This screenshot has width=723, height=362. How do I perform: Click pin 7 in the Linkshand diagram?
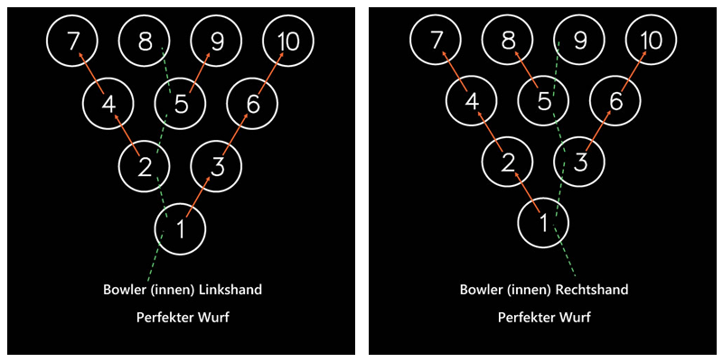point(72,41)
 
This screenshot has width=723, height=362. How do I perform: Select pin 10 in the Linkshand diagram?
point(288,41)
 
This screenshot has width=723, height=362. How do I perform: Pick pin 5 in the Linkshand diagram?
point(181,104)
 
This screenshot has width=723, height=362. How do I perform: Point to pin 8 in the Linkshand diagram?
point(145,41)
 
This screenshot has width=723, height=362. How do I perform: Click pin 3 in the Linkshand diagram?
point(217,165)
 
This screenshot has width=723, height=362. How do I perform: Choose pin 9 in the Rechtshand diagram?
point(580,41)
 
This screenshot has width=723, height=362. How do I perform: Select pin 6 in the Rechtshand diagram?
point(615,102)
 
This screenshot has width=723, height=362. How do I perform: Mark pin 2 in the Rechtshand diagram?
point(507,162)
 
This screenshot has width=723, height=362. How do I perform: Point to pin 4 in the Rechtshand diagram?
point(471,102)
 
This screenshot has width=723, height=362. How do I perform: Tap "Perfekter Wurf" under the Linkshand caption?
point(181,318)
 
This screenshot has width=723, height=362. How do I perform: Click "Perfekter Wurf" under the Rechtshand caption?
point(543,318)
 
